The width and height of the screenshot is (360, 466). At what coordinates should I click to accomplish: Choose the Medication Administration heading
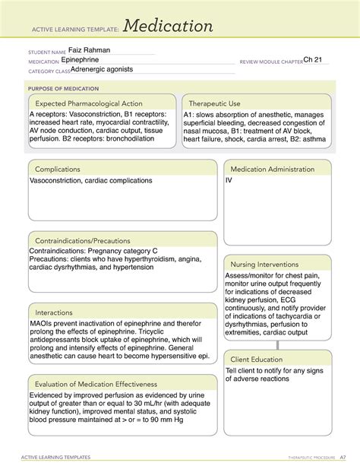tap(276, 169)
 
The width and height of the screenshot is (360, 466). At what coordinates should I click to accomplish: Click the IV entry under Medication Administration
tap(229, 181)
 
